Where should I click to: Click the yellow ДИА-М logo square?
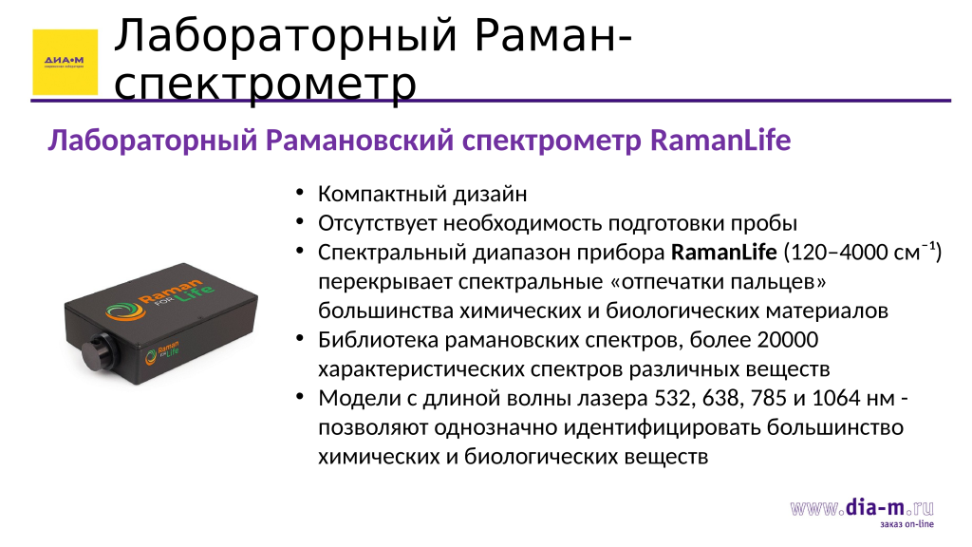[x=65, y=62]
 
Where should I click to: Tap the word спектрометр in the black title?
[x=266, y=85]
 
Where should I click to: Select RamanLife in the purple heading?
[x=720, y=141]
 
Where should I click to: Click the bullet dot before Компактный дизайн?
[x=300, y=192]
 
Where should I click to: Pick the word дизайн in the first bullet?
[x=491, y=194]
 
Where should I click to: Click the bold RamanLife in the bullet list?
[x=724, y=253]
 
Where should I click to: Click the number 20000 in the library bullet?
[x=787, y=340]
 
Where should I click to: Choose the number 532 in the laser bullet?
[x=673, y=398]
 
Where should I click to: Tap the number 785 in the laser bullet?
[x=769, y=398]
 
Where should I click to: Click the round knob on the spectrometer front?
[x=98, y=351]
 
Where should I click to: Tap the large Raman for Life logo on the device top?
[x=159, y=299]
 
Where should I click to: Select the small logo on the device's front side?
[x=161, y=353]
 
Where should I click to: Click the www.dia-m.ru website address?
[x=862, y=508]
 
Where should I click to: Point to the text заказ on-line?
[x=907, y=524]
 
